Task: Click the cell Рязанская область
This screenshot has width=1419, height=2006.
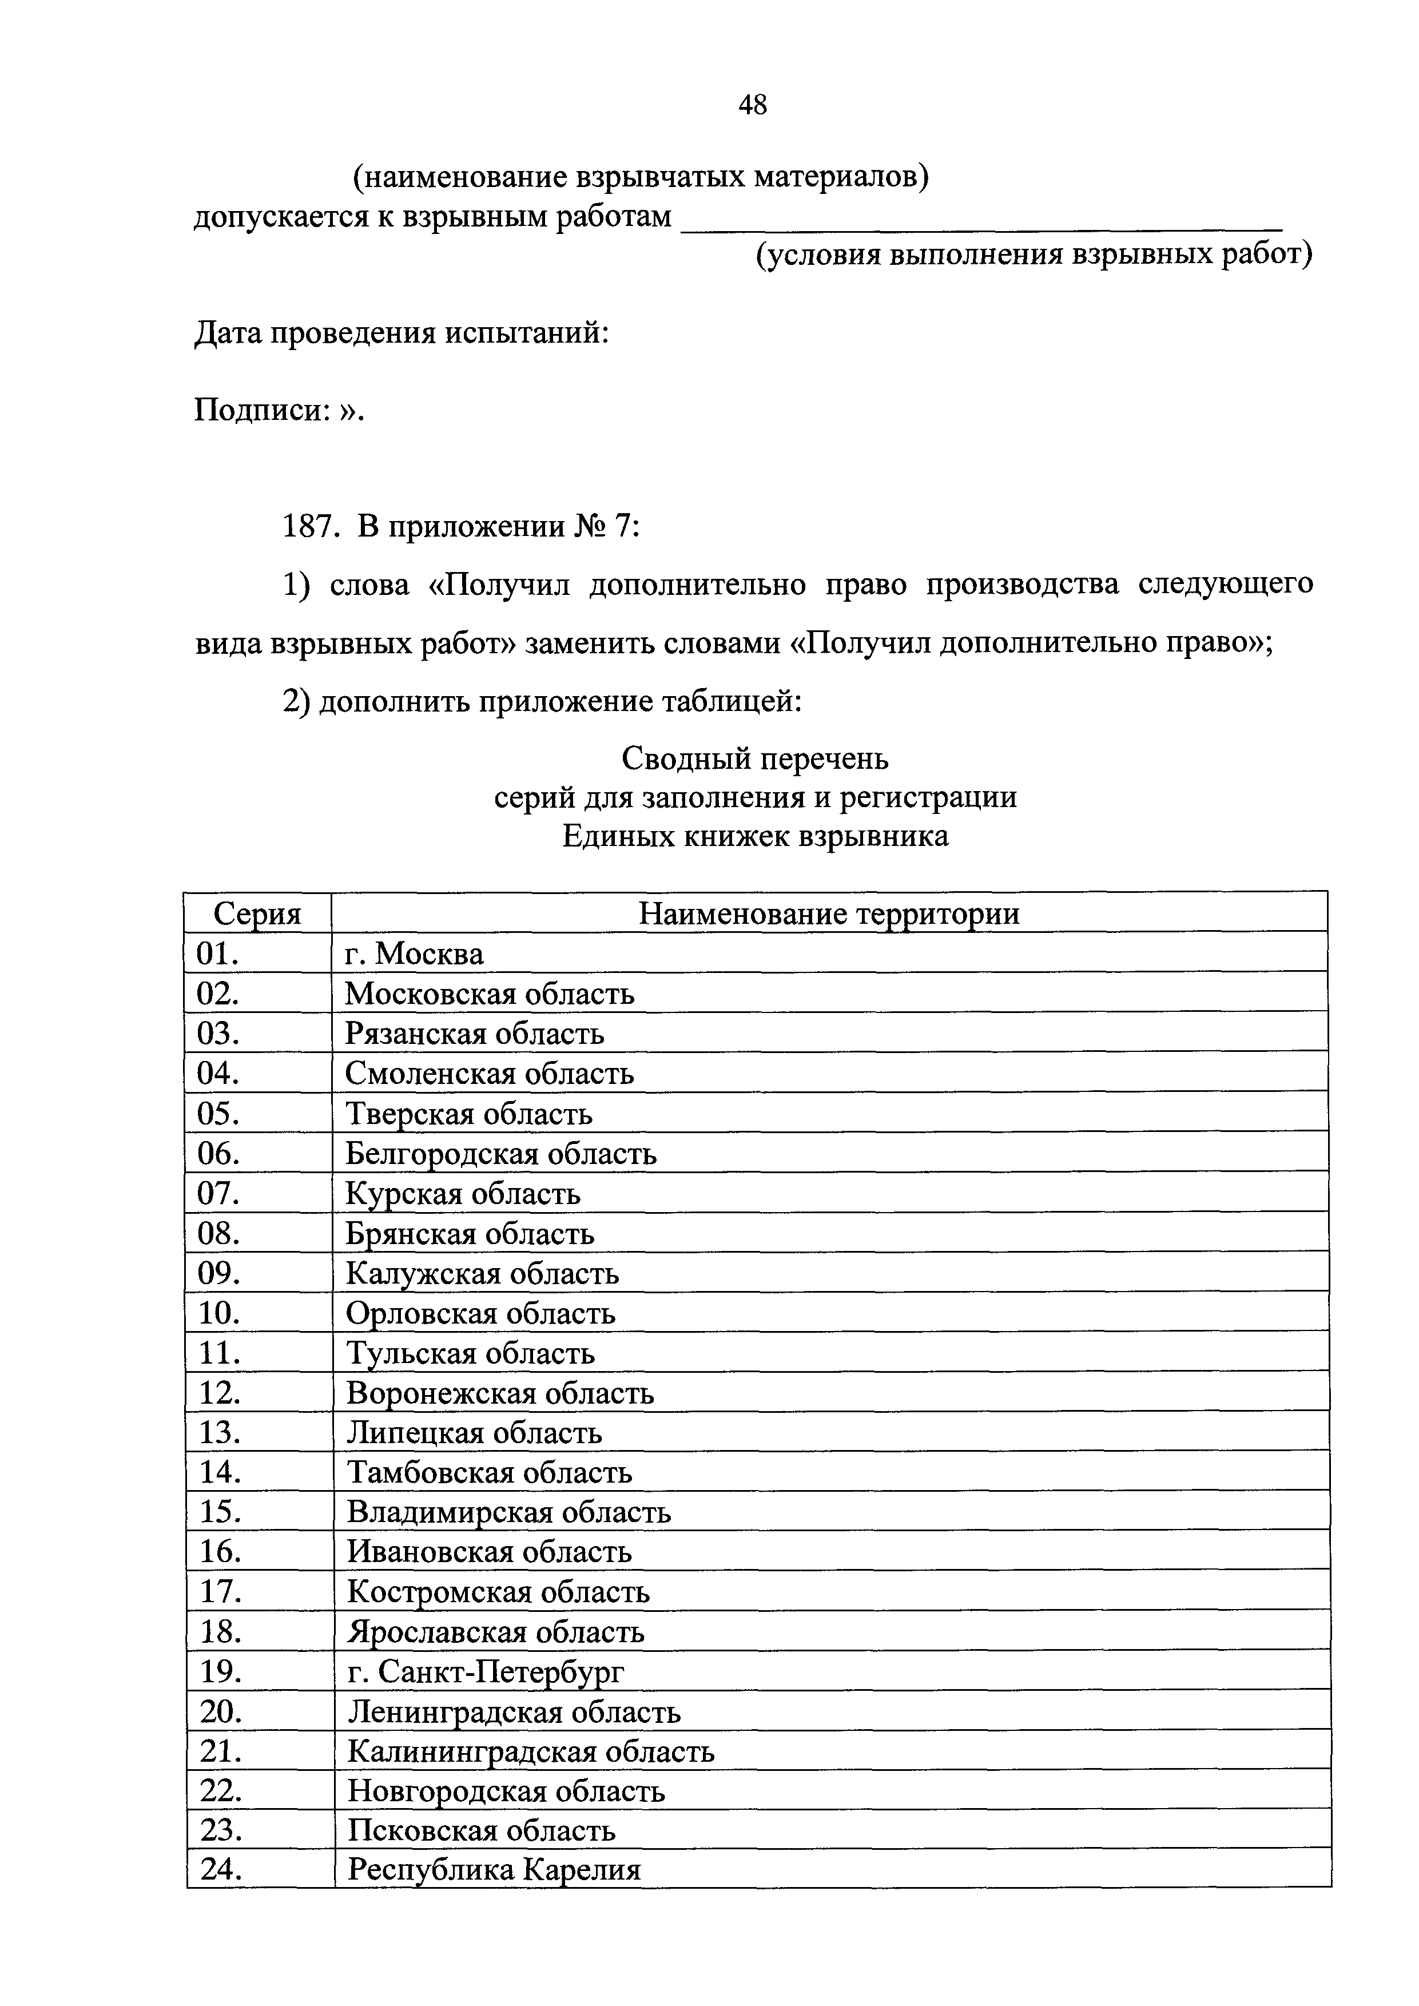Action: coord(475,1034)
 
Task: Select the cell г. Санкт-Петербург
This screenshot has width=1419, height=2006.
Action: coord(486,1671)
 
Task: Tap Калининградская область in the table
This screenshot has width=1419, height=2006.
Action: coord(530,1751)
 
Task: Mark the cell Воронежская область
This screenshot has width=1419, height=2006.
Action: coord(500,1393)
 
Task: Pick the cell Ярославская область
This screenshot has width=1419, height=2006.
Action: coord(495,1632)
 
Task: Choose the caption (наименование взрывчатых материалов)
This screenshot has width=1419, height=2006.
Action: coord(641,177)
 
